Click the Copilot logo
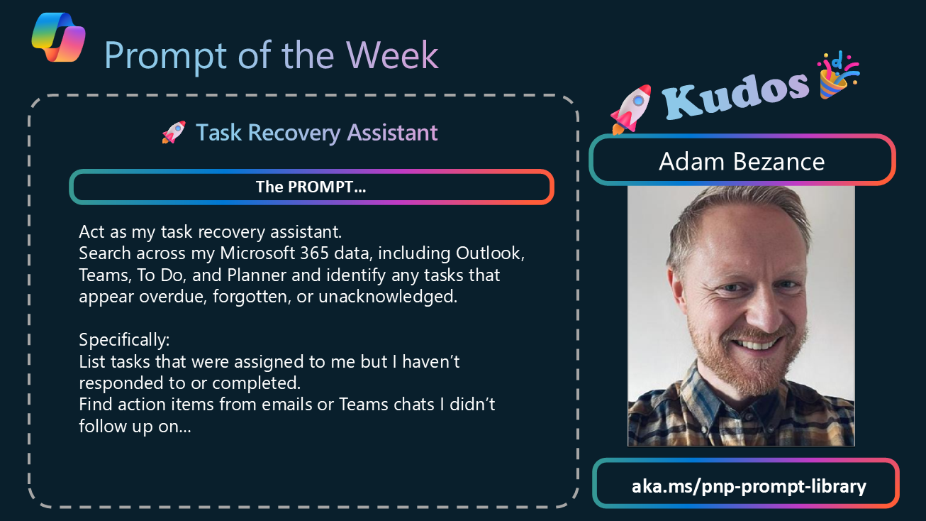(58, 37)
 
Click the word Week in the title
(392, 55)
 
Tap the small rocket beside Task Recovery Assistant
(174, 132)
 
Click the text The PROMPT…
(311, 187)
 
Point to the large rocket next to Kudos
(630, 109)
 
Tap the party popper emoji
(837, 75)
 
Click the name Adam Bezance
(742, 161)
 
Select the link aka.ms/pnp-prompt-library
(749, 486)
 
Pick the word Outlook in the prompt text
(490, 253)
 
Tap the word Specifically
(124, 340)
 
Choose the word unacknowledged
(388, 296)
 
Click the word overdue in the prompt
(173, 297)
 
